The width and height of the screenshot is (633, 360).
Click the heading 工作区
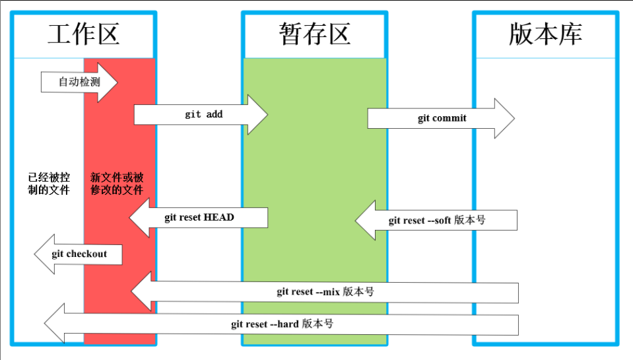pyautogui.click(x=83, y=34)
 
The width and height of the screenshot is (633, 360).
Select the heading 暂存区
pyautogui.click(x=314, y=34)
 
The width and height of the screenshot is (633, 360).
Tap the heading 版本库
pyautogui.click(x=545, y=34)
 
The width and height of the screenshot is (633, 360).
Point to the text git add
pyautogui.click(x=204, y=114)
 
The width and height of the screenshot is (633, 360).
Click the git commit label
pyautogui.click(x=442, y=118)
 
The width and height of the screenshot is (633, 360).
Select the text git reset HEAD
pyautogui.click(x=199, y=217)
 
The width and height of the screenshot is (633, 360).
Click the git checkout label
pyautogui.click(x=79, y=254)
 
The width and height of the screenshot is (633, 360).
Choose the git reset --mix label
pyautogui.click(x=325, y=291)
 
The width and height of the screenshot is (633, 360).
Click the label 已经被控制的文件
pyautogui.click(x=49, y=184)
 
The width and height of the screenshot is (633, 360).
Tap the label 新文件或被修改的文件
pyautogui.click(x=117, y=184)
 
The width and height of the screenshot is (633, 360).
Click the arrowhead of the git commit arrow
pyautogui.click(x=504, y=119)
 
